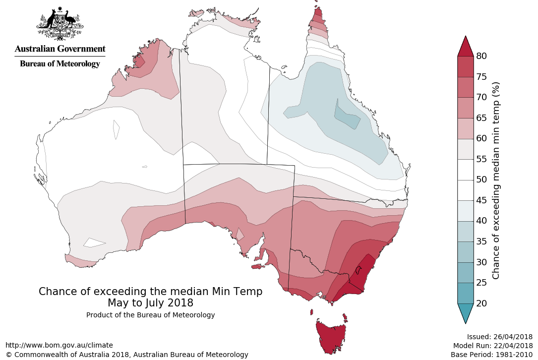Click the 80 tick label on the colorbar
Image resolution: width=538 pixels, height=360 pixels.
click(481, 56)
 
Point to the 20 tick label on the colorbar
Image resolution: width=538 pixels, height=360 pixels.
click(481, 303)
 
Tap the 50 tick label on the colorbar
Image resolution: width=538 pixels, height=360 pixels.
click(481, 180)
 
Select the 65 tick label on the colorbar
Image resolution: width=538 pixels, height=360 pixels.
click(481, 118)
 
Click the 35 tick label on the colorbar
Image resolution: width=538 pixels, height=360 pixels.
click(481, 241)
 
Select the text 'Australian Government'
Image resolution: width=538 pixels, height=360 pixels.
click(60, 49)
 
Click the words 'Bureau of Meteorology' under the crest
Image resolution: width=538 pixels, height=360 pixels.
click(60, 63)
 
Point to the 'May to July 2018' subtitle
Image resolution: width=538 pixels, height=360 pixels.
click(151, 302)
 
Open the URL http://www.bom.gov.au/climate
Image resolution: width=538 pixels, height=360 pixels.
click(59, 345)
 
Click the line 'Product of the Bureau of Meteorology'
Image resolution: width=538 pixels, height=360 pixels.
click(151, 315)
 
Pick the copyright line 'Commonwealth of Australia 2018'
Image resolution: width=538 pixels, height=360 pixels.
click(126, 355)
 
